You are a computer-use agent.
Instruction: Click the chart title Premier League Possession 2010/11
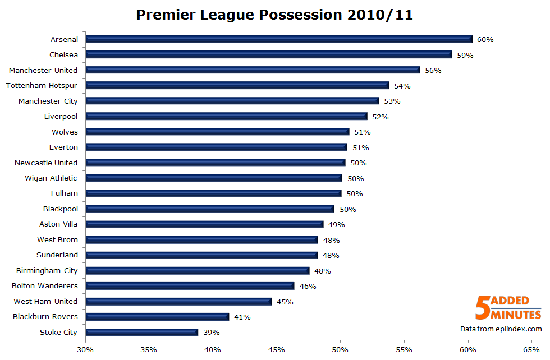coord(274,15)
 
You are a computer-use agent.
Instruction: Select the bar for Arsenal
coord(279,39)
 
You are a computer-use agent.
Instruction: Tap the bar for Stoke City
coord(142,332)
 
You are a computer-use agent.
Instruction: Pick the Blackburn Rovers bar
coord(157,317)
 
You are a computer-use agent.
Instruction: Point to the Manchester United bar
coord(253,70)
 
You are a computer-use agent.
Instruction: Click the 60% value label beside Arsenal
coord(485,40)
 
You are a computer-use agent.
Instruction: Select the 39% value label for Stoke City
coord(211,333)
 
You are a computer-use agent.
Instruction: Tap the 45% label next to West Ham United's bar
coord(285,302)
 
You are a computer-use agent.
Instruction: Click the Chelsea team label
coord(63,55)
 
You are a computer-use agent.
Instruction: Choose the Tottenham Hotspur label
coord(42,86)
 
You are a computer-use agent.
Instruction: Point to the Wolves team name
coord(65,132)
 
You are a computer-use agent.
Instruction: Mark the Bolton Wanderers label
coord(45,286)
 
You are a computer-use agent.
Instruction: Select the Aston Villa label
coord(58,224)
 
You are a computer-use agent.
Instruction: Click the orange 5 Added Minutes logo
coord(508,307)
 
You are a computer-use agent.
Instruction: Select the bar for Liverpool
coord(227,116)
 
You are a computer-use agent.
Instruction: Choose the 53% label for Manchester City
coord(393,101)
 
